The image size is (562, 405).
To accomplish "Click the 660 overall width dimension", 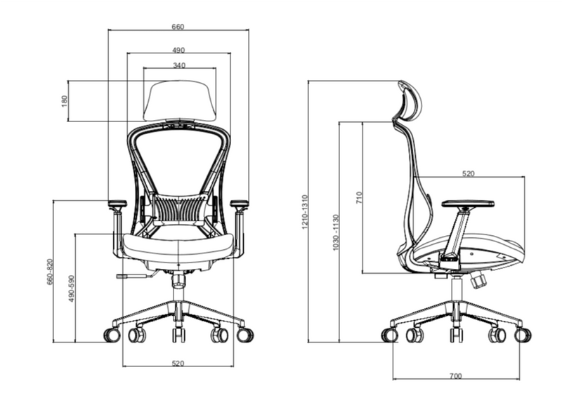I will [178, 27].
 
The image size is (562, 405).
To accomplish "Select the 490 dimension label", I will [178, 50].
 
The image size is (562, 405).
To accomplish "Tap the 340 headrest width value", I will [178, 65].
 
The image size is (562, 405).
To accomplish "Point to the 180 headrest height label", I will [64, 101].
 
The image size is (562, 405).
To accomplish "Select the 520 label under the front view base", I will [178, 363].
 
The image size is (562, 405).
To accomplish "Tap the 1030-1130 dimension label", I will [336, 232].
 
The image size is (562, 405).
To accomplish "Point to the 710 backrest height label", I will [359, 197].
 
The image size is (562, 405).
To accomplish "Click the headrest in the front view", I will [178, 98].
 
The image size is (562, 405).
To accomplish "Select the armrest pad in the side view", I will [467, 204].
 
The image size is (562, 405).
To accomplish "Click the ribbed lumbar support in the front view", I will [178, 208].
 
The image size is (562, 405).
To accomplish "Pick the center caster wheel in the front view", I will [178, 336].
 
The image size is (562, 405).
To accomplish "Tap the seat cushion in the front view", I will [178, 246].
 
